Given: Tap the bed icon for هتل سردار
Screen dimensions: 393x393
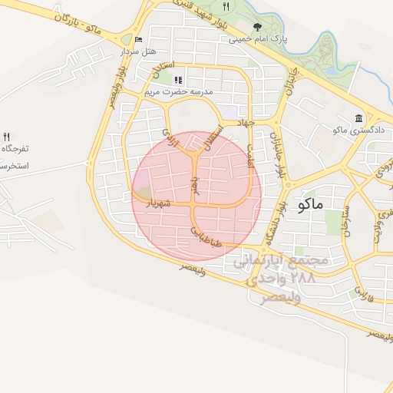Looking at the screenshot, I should [x=138, y=40].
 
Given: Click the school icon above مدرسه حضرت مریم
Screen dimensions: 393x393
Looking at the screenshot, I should [x=178, y=80].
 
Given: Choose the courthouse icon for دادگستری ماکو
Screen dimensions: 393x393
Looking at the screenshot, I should [x=359, y=117].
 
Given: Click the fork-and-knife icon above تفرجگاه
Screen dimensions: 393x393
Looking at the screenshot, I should [x=7, y=136].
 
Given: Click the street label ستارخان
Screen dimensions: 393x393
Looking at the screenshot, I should [x=347, y=222].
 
